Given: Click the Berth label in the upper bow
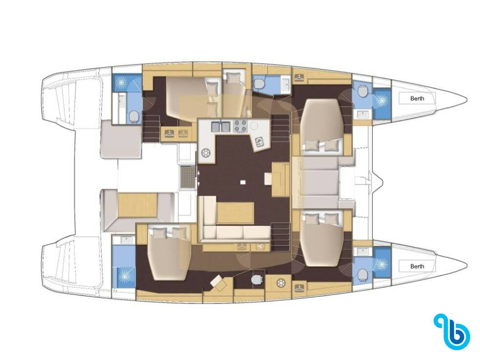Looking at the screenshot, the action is (x=417, y=98).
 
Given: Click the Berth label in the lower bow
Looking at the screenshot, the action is (x=417, y=266).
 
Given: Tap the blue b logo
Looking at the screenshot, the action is (x=452, y=332).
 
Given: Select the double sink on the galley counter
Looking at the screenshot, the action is (x=221, y=127).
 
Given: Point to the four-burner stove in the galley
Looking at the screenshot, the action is (x=240, y=127).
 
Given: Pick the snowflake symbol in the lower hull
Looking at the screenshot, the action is (x=280, y=283).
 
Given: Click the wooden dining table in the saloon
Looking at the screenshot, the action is (x=236, y=213).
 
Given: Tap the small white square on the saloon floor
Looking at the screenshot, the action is (x=243, y=182).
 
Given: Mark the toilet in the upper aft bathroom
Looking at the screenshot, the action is (x=134, y=117).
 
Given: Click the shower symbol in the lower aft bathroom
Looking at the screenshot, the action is (x=125, y=276).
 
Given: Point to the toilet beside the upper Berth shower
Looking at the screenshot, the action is (x=363, y=90).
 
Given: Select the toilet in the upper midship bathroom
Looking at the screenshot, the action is (x=259, y=83).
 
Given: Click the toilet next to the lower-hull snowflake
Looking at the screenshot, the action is (x=257, y=279).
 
